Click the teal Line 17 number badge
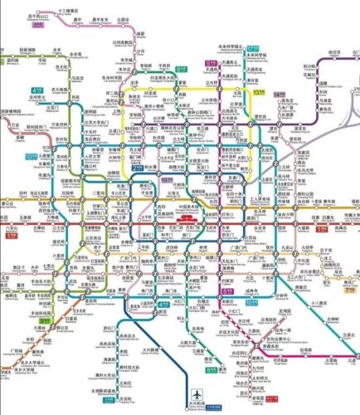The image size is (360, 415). [253, 50]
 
